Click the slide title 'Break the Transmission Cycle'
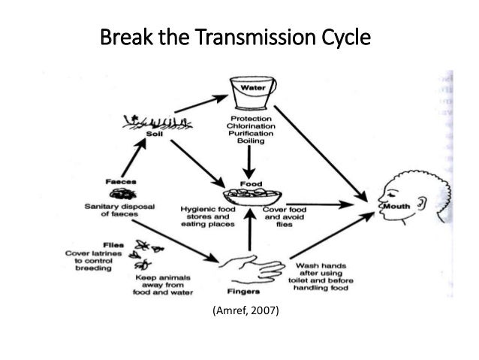click(236, 37)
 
